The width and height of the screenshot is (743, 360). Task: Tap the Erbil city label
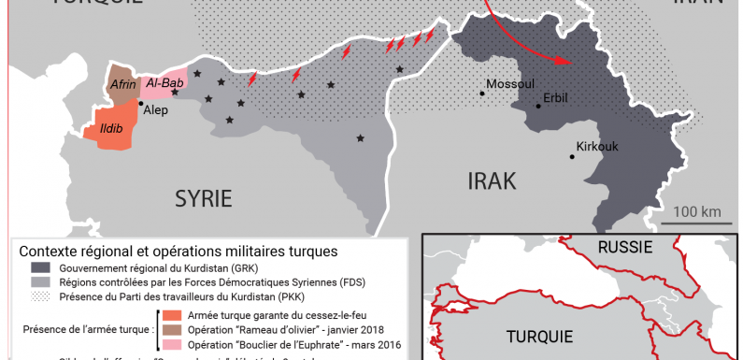[557, 97]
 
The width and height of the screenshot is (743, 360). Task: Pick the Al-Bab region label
[164, 82]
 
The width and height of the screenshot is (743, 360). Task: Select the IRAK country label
[491, 180]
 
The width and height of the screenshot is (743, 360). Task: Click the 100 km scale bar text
[696, 211]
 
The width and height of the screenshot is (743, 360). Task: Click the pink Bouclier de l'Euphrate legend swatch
[174, 345]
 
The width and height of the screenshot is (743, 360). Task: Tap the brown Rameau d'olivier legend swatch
[174, 330]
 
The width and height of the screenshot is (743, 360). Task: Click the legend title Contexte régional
[179, 252]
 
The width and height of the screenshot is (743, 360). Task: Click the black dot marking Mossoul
[483, 92]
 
